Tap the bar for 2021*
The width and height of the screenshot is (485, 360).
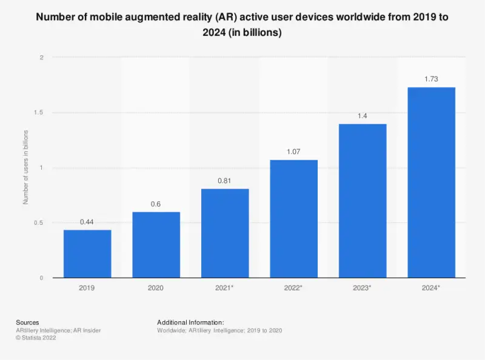point(225,233)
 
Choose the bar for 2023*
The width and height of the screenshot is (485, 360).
point(363,200)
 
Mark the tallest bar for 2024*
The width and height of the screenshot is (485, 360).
point(431,182)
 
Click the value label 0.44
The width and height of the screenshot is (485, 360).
point(87,222)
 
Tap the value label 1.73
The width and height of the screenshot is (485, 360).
point(431,79)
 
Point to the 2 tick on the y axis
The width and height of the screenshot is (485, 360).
point(42,58)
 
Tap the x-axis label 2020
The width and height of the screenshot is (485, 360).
point(156,288)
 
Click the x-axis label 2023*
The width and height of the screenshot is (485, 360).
point(363,288)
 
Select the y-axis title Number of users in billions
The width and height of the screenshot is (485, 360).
point(26,167)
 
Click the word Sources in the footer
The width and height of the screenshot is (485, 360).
point(28,322)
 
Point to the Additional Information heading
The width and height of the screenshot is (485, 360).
point(190,322)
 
